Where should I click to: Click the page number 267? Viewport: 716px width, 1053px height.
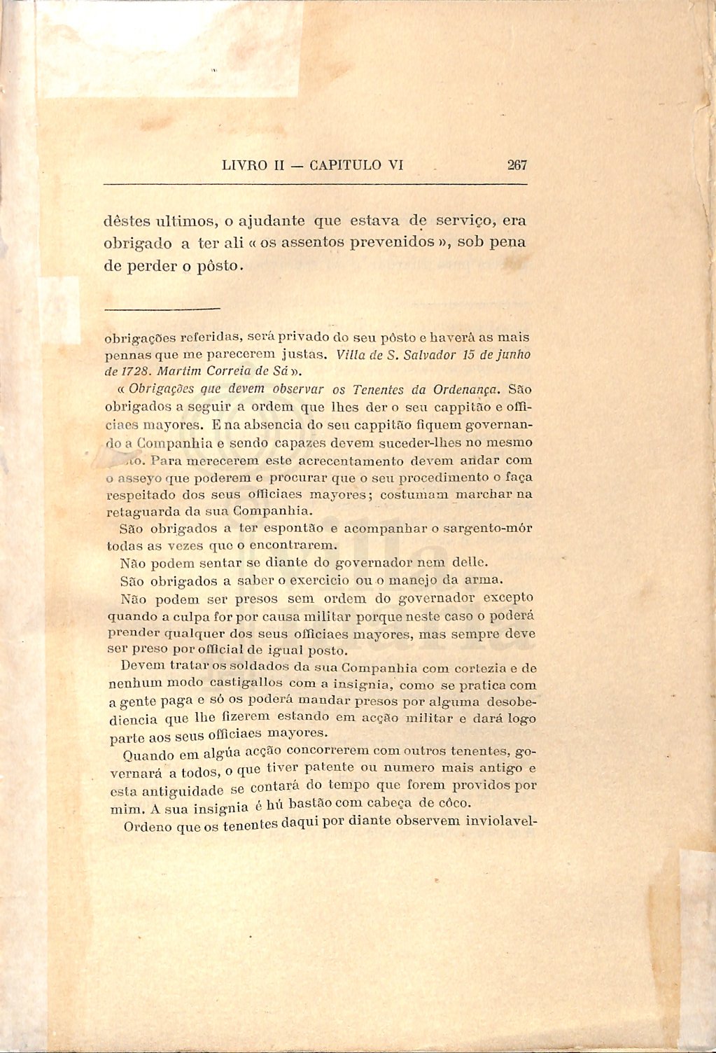[517, 165]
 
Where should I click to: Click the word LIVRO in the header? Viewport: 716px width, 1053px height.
[244, 166]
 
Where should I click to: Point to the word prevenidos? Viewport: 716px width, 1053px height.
[368, 243]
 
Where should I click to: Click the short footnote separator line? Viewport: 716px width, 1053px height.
[162, 307]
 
